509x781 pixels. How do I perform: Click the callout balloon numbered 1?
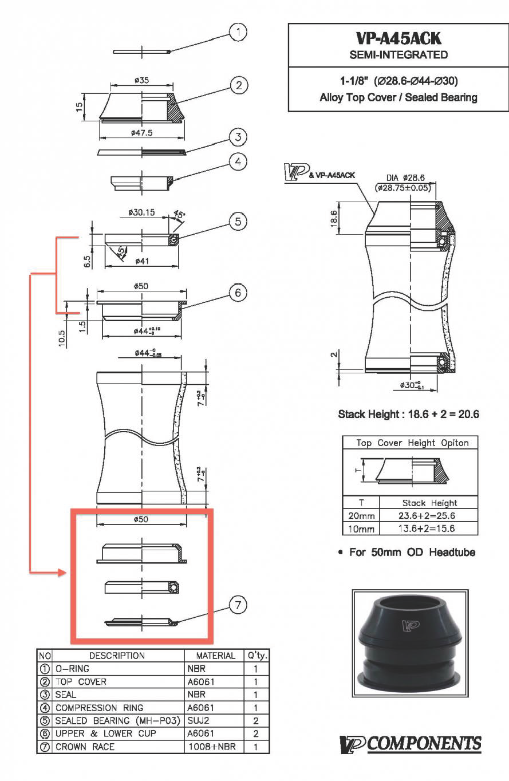tap(238, 32)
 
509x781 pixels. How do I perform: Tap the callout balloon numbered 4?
tap(238, 162)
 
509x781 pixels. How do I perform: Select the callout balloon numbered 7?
tap(238, 605)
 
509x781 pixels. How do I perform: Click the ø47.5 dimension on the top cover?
tap(141, 132)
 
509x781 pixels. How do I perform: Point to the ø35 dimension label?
tap(141, 80)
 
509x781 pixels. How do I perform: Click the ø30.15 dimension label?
tap(141, 212)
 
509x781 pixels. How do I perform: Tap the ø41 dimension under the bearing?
tap(142, 261)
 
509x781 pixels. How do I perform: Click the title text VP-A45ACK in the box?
tap(398, 38)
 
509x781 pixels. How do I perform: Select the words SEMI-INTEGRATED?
tap(398, 55)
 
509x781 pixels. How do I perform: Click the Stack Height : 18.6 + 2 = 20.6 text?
tap(408, 414)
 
